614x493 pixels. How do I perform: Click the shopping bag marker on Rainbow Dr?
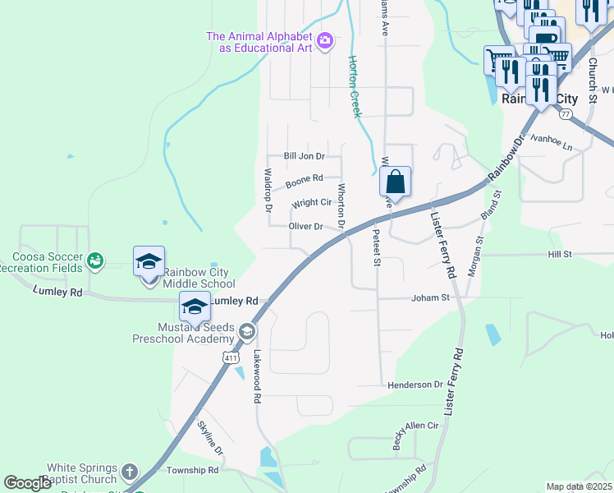tap(396, 182)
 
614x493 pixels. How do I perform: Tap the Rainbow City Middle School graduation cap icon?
tap(149, 262)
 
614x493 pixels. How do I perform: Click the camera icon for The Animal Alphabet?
tap(325, 40)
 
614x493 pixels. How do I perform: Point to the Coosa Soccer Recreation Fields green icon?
tap(96, 260)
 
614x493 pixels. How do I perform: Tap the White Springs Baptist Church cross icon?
tap(129, 472)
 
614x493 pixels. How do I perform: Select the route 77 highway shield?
tap(566, 115)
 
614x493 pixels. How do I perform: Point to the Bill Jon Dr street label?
tap(305, 155)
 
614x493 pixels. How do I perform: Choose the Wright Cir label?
tap(312, 202)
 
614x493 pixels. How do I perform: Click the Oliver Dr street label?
tap(306, 226)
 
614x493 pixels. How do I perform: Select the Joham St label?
tap(431, 298)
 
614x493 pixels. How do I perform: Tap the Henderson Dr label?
tap(415, 385)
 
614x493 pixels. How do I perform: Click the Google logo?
tap(28, 482)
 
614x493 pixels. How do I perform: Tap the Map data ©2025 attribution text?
tap(579, 486)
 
